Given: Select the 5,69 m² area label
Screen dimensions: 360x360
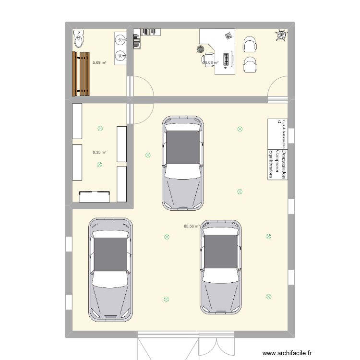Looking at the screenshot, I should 99,62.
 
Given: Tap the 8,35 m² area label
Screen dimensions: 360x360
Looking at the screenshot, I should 99,152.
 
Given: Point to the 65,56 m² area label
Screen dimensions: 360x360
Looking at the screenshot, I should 191,226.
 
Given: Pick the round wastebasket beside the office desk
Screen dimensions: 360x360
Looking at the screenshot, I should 200,48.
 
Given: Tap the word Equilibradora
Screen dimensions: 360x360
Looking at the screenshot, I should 271,164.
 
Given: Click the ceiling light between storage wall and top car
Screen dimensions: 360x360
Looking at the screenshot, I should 147,155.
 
